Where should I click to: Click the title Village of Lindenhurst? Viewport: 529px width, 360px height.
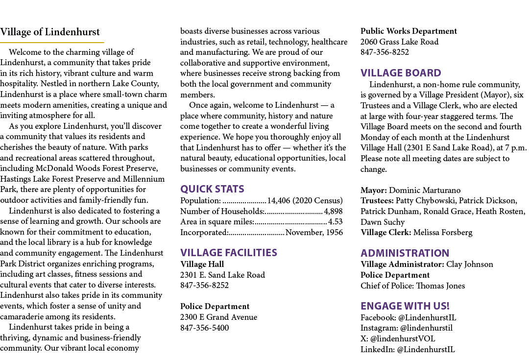[50, 32]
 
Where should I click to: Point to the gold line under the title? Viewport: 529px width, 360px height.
[52, 43]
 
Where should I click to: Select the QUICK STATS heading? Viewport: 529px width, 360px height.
[212, 189]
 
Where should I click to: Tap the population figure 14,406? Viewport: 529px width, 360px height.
[279, 200]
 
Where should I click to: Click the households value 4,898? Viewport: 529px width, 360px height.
[334, 211]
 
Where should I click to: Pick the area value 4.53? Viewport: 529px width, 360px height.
[336, 222]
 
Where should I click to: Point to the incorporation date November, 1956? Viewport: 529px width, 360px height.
[314, 233]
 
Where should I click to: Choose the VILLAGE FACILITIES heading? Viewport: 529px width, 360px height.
[229, 253]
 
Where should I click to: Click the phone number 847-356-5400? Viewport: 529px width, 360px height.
[204, 328]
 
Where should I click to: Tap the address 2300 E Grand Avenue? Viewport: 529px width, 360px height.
[218, 317]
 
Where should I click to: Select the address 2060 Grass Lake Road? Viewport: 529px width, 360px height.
[400, 42]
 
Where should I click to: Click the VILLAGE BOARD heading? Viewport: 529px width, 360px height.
[401, 73]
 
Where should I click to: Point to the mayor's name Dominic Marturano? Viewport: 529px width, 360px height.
[425, 191]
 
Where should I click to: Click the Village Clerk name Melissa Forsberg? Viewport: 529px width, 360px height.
[443, 233]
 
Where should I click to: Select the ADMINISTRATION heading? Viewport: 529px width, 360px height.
[405, 253]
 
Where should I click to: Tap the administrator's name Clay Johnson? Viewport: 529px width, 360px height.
[470, 264]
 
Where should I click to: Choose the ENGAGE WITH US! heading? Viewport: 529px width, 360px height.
[405, 306]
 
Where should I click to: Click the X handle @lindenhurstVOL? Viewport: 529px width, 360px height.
[403, 338]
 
